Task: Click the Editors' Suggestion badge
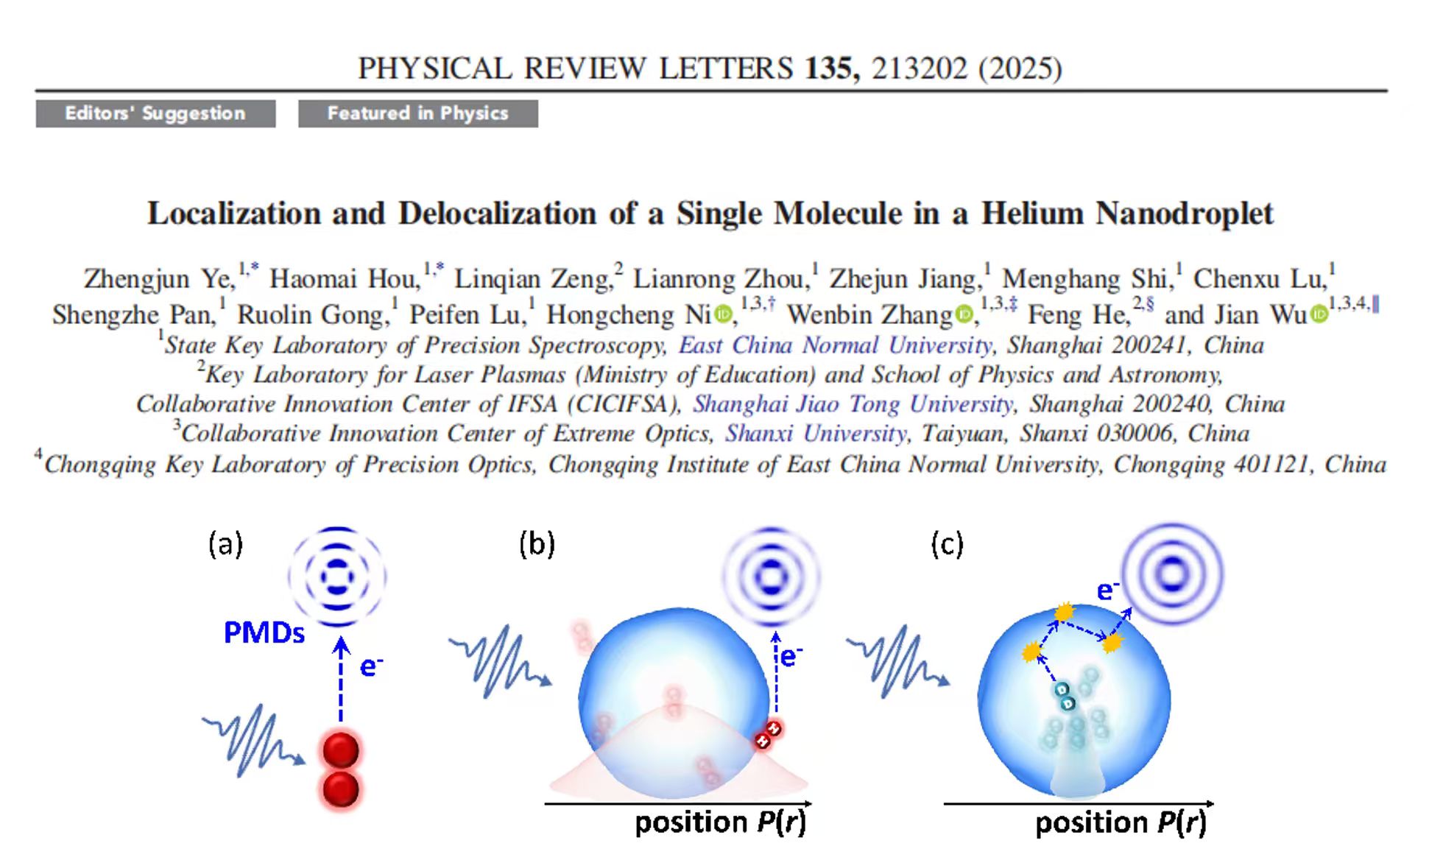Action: (x=155, y=113)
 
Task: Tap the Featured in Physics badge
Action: (x=417, y=113)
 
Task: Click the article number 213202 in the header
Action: (x=919, y=68)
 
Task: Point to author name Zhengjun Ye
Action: (x=159, y=279)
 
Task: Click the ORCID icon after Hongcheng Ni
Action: (x=724, y=315)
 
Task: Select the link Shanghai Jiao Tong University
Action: (x=853, y=404)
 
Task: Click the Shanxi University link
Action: (x=815, y=434)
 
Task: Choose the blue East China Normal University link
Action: (x=835, y=345)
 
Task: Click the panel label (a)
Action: (x=225, y=544)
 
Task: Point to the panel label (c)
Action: (x=947, y=544)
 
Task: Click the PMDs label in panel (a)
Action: (x=264, y=632)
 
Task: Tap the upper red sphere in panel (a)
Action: (x=341, y=750)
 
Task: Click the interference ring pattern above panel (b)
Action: (x=771, y=575)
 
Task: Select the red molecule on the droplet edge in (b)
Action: (x=768, y=735)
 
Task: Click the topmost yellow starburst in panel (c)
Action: (x=1064, y=612)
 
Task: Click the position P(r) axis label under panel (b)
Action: (x=720, y=822)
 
